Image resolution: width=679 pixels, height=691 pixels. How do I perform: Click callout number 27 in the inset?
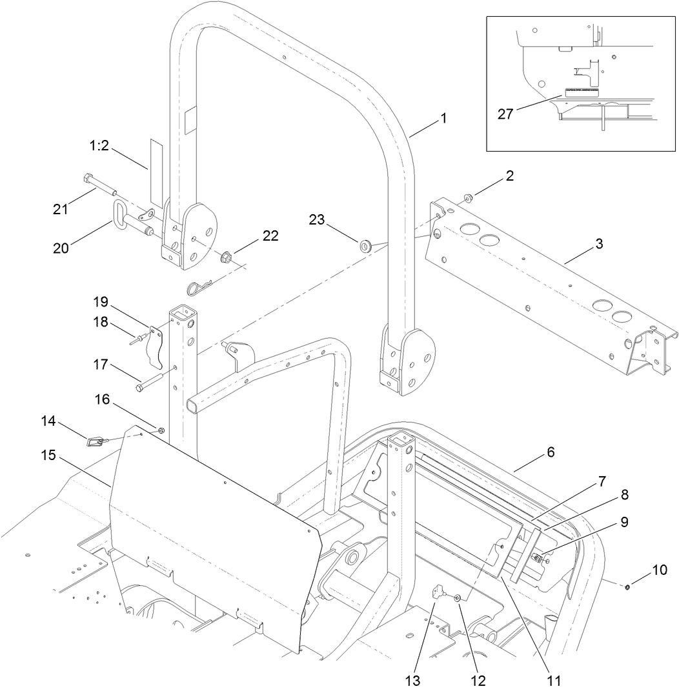coord(505,114)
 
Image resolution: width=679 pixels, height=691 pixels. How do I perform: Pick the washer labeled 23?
coord(366,245)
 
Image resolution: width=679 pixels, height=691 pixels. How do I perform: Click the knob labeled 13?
coord(440,592)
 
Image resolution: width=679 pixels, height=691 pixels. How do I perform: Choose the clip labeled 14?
coord(95,441)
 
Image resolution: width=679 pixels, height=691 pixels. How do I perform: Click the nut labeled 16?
coord(161,430)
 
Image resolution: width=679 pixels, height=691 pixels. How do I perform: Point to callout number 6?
coord(550,452)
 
